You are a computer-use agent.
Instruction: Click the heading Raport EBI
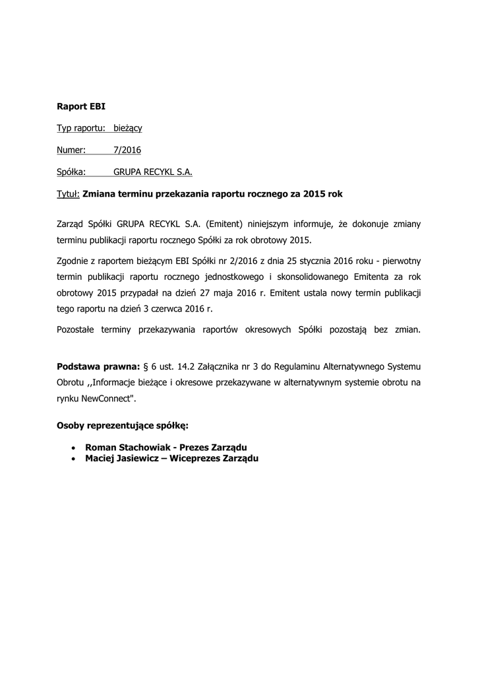tap(81, 105)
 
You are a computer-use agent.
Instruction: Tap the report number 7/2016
tap(127, 150)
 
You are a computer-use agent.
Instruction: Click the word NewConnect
tap(105, 399)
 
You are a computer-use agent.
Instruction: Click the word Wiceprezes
tap(197, 458)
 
